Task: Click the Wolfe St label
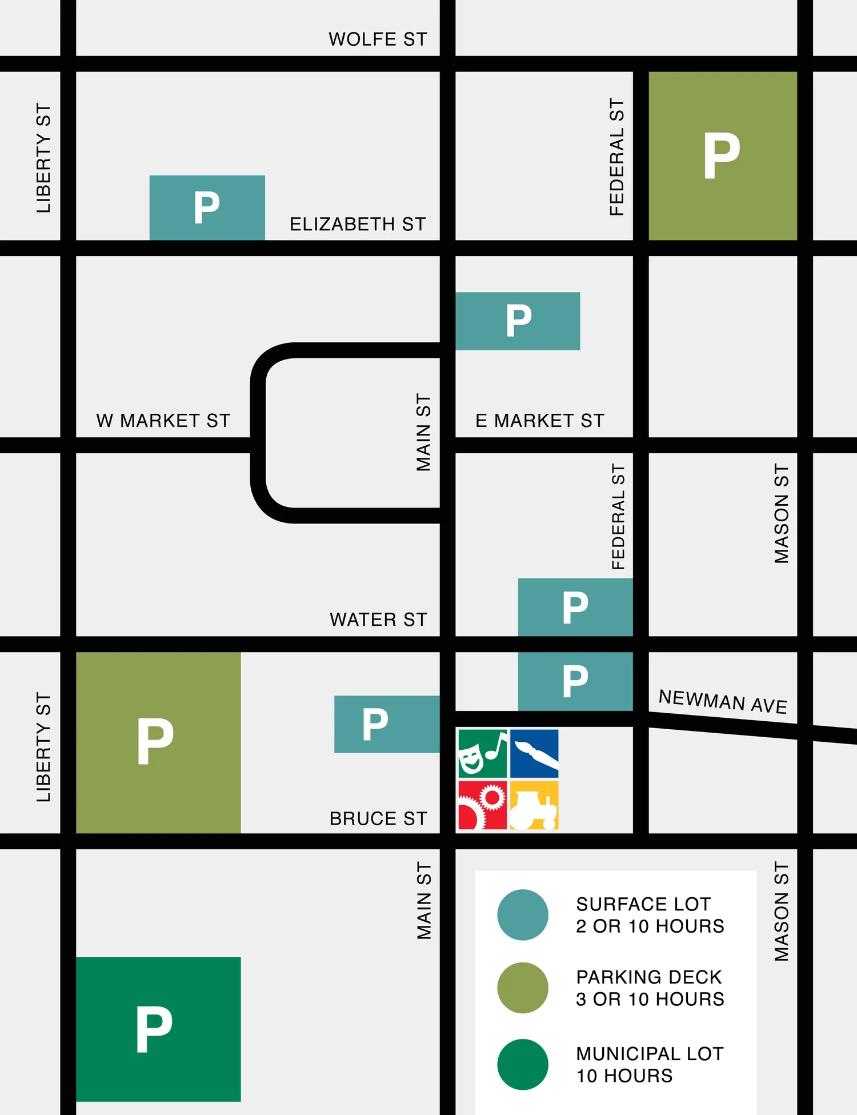[x=378, y=39]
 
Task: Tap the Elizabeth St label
[x=358, y=224]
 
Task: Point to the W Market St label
[x=163, y=421]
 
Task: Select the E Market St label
[x=540, y=421]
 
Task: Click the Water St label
[x=378, y=620]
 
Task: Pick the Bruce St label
[x=378, y=818]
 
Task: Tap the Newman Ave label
[x=723, y=701]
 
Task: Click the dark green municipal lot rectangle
[x=158, y=1029]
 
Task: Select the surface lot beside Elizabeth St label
[x=207, y=207]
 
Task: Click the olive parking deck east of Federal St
[x=723, y=155]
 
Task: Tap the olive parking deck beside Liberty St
[x=158, y=742]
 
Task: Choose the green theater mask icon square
[x=482, y=753]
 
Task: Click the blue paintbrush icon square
[x=534, y=753]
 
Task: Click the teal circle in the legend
[x=523, y=914]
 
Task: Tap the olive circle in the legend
[x=523, y=988]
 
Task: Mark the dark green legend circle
[x=523, y=1064]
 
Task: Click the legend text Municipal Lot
[x=650, y=1054]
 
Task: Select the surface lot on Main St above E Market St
[x=518, y=321]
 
